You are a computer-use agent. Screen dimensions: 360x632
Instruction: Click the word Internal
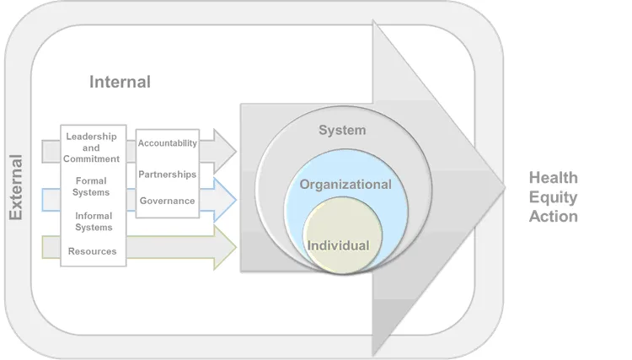120,82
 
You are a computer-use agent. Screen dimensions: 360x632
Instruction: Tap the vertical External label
15,187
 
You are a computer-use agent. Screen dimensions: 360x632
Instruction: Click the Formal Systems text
91,186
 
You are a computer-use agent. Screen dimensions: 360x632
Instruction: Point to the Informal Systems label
94,221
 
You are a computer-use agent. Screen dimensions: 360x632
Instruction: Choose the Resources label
93,251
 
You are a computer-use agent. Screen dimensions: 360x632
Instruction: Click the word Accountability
168,143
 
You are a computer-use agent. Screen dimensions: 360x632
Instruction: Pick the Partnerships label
168,174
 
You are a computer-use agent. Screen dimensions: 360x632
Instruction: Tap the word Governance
168,201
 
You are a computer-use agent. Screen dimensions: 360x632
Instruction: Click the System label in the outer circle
342,130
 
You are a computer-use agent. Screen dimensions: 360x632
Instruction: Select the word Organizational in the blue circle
345,184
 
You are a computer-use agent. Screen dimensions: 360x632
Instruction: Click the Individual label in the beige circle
339,245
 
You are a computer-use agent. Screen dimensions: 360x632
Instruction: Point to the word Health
553,178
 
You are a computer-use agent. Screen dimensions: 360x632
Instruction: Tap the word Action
553,217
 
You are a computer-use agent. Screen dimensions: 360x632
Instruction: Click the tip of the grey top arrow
235,151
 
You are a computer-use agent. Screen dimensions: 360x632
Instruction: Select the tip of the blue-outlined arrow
235,199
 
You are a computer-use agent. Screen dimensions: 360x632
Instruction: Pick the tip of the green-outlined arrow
235,248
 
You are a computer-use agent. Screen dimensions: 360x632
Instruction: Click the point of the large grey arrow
503,187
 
